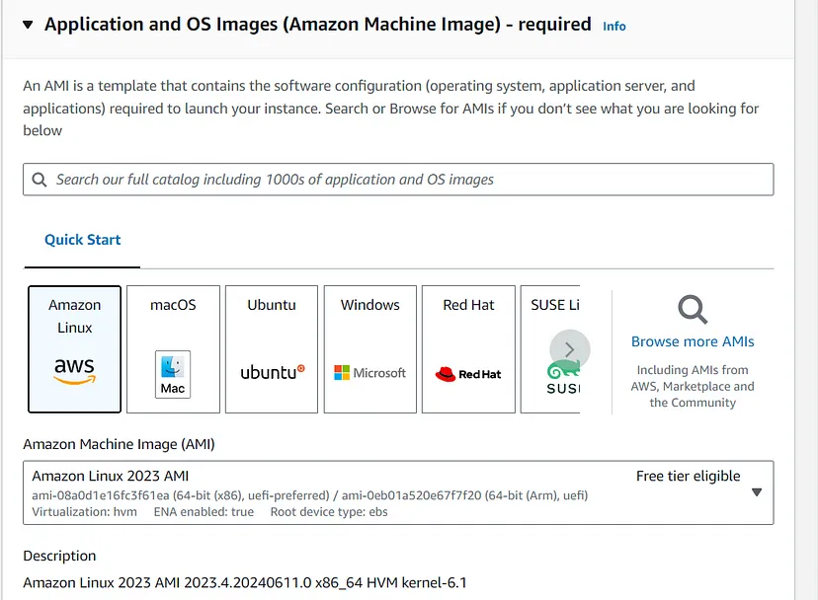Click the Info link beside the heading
(614, 26)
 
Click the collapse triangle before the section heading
(28, 24)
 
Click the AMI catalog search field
(398, 180)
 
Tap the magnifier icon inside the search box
(40, 180)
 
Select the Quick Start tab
(82, 240)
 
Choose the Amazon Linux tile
(75, 349)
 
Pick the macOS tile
(173, 349)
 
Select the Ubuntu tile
(272, 349)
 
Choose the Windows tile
(369, 349)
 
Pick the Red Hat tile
(468, 349)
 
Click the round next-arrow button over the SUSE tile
(570, 349)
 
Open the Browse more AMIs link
(693, 341)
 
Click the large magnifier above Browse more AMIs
(693, 310)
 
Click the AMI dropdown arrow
(757, 492)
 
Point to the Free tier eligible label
(689, 476)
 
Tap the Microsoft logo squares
(342, 373)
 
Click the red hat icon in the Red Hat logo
(446, 374)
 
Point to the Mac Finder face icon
(173, 366)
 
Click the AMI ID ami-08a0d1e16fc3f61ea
(101, 495)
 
